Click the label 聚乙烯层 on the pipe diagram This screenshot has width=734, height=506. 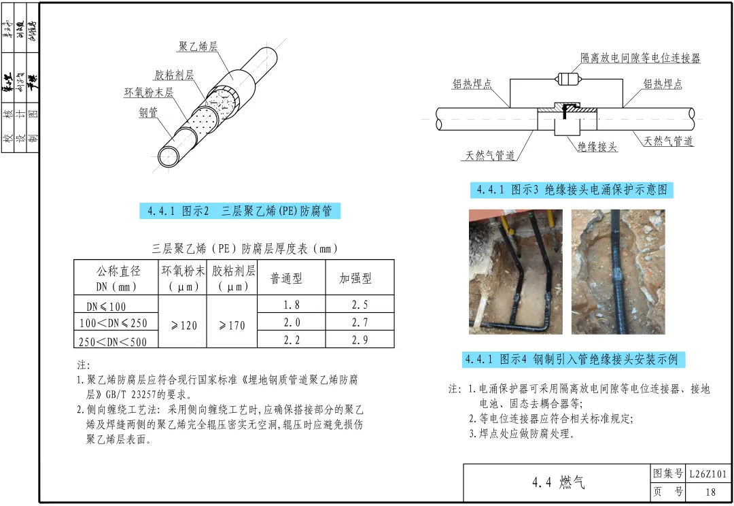pyautogui.click(x=198, y=47)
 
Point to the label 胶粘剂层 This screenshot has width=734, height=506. pyautogui.click(x=173, y=75)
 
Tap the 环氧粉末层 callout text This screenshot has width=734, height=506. pyautogui.click(x=148, y=92)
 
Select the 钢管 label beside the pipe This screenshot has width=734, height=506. pyautogui.click(x=149, y=112)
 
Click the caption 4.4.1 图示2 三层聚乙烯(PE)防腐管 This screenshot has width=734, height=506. pyautogui.click(x=241, y=211)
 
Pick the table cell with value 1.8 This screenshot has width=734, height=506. pyautogui.click(x=292, y=304)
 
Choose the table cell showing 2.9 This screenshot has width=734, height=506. pyautogui.click(x=360, y=339)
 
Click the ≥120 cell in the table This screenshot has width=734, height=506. pyautogui.click(x=183, y=325)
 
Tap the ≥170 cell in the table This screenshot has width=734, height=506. pyautogui.click(x=232, y=325)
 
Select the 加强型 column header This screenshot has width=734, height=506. pyautogui.click(x=355, y=279)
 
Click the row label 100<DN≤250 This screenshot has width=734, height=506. pyautogui.click(x=113, y=322)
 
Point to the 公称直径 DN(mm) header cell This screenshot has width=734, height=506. pyautogui.click(x=117, y=279)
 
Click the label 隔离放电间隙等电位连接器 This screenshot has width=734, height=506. pyautogui.click(x=640, y=58)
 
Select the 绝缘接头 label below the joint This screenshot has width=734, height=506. pyautogui.click(x=597, y=146)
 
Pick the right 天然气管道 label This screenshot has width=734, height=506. pyautogui.click(x=669, y=141)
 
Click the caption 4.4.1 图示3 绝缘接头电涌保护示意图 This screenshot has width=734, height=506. pyautogui.click(x=572, y=190)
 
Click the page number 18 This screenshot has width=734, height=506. pyautogui.click(x=711, y=492)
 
